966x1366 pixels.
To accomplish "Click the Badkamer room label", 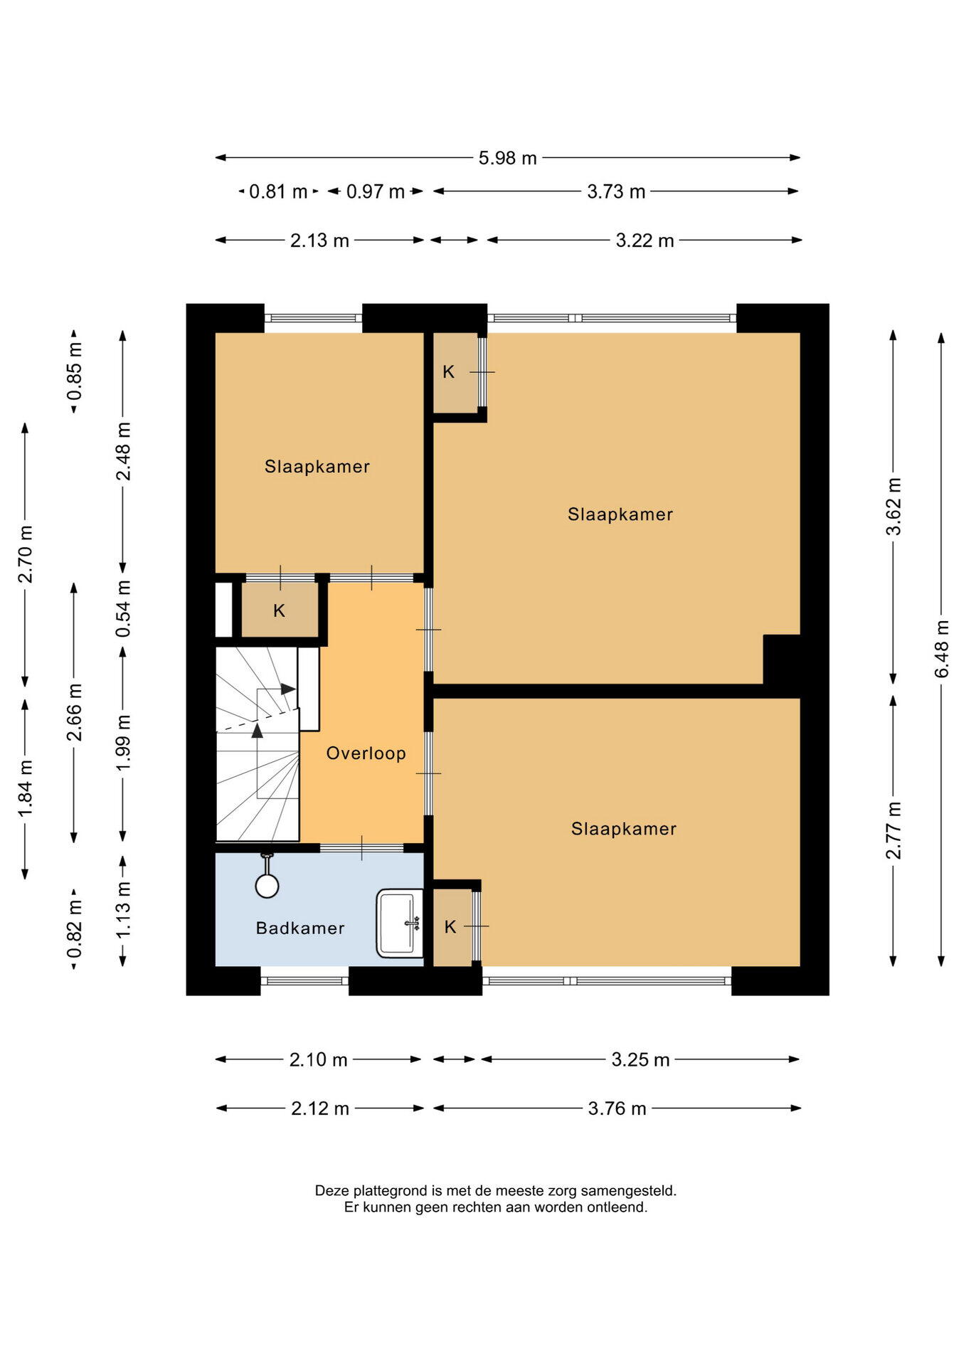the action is point(300,928).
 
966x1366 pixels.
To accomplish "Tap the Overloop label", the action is point(366,753).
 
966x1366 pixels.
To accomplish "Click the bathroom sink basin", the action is point(400,923).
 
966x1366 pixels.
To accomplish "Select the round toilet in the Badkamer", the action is point(267,885).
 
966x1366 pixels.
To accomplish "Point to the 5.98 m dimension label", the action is point(507,158).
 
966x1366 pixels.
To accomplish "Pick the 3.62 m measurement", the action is point(893,506).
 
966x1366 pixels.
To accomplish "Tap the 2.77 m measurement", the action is point(893,830).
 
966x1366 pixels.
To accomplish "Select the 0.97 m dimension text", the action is point(375,191).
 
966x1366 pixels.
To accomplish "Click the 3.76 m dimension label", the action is point(617,1108).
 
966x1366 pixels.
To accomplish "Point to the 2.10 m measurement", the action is point(318,1060).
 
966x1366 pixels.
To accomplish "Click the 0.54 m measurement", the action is point(123,608).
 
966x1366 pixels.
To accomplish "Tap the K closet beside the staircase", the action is point(279,610).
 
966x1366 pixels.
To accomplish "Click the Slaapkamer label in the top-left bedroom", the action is point(317,467).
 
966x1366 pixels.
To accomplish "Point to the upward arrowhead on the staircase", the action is point(257,730).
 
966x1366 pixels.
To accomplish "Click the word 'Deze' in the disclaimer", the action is point(331,1190).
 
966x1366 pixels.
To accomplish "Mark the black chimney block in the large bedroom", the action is point(782,659).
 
